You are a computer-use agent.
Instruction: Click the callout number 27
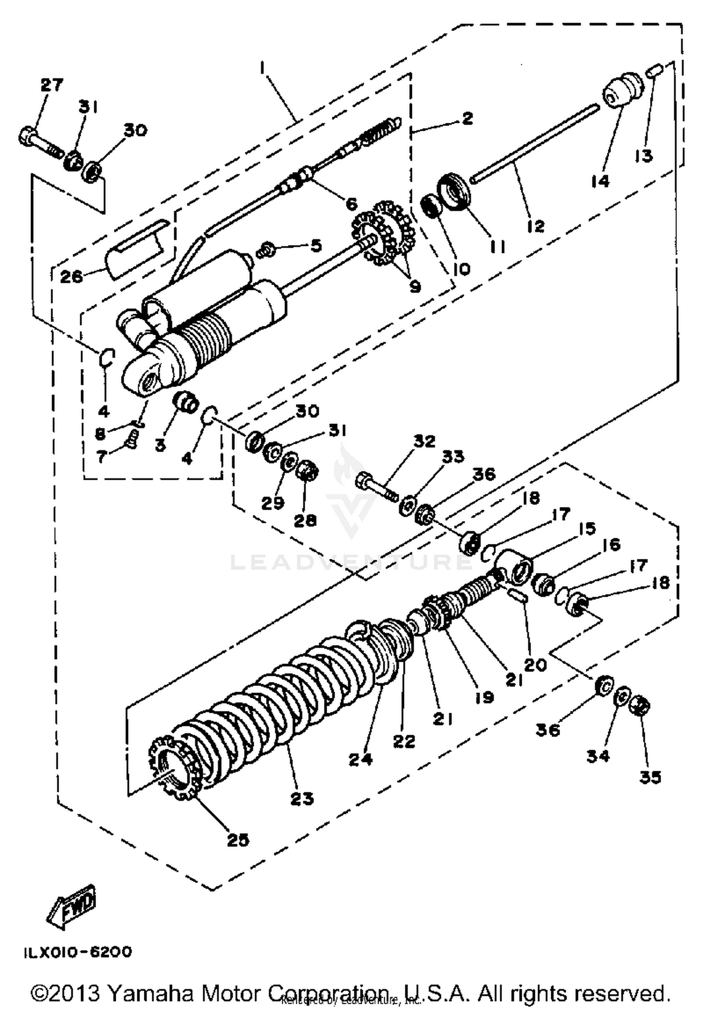[52, 85]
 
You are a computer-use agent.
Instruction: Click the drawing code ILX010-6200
[78, 952]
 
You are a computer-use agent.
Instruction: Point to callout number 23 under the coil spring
[302, 798]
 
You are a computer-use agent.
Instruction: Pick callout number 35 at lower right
[651, 777]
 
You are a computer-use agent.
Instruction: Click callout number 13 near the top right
[643, 156]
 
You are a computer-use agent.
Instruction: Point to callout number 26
[71, 276]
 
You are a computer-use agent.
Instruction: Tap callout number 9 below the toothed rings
[415, 286]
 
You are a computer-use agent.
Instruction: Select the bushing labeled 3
[186, 403]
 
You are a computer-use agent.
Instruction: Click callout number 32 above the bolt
[424, 441]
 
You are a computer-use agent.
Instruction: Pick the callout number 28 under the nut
[305, 520]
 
